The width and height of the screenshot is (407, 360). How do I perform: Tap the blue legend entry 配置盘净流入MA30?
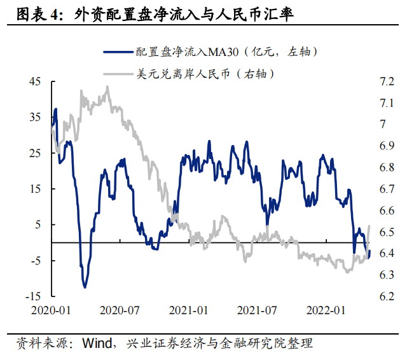pyautogui.click(x=210, y=52)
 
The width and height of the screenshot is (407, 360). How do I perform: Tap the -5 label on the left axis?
pyautogui.click(x=34, y=260)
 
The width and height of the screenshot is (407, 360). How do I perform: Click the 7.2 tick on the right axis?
pyautogui.click(x=387, y=81)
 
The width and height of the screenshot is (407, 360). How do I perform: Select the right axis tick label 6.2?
pyautogui.click(x=387, y=296)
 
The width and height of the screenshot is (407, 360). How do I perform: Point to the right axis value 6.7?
pyautogui.click(x=387, y=189)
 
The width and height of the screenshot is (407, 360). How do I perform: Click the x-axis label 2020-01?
pyautogui.click(x=52, y=311)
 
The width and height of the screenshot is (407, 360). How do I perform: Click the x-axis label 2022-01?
pyautogui.click(x=325, y=311)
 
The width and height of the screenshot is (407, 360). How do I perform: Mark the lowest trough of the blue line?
pyautogui.click(x=85, y=287)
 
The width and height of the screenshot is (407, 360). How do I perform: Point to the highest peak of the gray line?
pyautogui.click(x=107, y=87)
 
